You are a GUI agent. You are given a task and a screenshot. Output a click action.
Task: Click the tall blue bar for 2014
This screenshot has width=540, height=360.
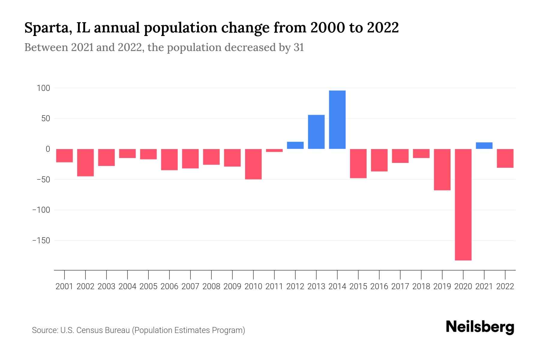[x=337, y=120]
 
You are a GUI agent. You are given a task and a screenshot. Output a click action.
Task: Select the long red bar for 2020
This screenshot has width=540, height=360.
[x=463, y=205]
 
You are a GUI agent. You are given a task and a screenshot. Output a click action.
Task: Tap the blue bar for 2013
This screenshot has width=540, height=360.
[x=316, y=132]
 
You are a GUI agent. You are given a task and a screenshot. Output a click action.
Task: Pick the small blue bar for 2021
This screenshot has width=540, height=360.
[x=484, y=145]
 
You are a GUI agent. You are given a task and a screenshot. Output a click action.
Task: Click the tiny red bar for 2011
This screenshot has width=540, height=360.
[x=274, y=150]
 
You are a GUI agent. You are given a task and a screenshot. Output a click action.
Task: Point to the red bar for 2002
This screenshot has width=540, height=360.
[x=85, y=163]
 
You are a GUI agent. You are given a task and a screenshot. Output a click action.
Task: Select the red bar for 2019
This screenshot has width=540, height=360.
[x=442, y=169]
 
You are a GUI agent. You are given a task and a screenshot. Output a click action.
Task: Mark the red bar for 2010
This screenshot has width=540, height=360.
[x=253, y=164]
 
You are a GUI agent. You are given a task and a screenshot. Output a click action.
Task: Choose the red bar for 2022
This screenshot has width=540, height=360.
[x=505, y=158]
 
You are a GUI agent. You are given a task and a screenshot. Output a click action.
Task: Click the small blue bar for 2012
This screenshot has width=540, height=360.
[x=295, y=145]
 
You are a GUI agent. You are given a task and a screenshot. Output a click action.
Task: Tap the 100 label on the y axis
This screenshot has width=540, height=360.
[x=43, y=88]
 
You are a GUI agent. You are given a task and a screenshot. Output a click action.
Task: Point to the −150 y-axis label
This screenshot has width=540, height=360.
[x=41, y=241]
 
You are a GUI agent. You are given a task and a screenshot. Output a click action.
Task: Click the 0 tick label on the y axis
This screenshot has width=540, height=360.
[x=48, y=149]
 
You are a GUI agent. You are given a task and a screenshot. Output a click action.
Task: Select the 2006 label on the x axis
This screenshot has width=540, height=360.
[x=169, y=286]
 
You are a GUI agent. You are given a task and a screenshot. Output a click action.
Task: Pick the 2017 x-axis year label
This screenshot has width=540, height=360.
[x=400, y=286]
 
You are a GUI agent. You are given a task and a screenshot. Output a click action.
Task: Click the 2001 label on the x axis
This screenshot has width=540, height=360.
[x=64, y=286]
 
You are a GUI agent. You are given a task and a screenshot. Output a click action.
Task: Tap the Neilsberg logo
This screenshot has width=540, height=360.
[x=480, y=327]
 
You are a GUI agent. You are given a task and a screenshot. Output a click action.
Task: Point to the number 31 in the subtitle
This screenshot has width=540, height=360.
[x=298, y=47]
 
